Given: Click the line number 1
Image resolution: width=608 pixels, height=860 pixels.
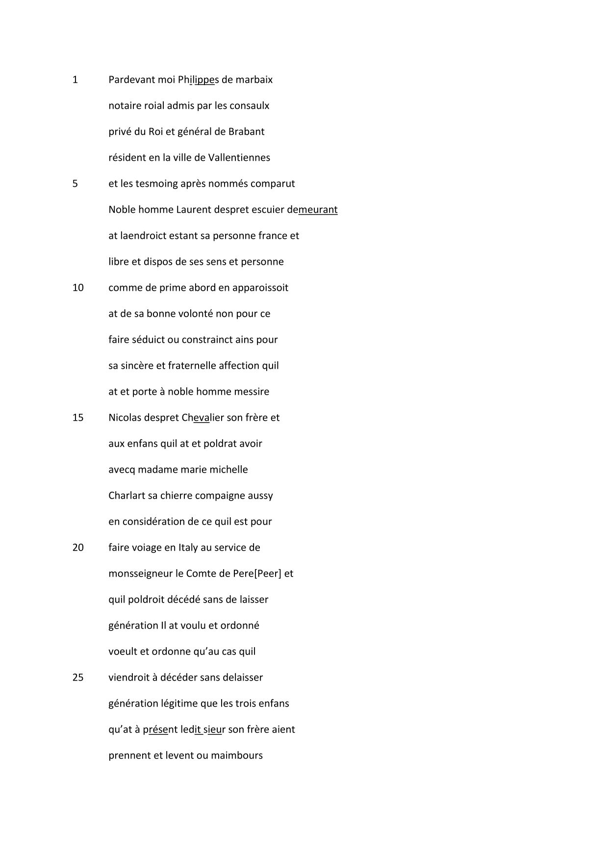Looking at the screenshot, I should pos(75,80).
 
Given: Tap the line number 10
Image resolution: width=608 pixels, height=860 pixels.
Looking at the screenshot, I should pos(78,288).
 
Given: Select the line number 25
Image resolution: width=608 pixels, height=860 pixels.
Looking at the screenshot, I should pos(78,678).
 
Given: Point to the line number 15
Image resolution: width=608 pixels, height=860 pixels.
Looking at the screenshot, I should pos(78,418).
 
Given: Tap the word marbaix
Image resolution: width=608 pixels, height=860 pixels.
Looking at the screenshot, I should pos(254,80).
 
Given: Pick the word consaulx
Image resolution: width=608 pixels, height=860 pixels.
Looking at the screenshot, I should pos(249,106).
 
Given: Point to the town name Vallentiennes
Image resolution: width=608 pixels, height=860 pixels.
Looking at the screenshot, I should pos(239,158).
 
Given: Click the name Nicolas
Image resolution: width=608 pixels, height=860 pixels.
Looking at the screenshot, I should pos(125,418).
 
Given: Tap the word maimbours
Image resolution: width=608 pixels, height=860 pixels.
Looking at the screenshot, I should pos(237,756).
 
